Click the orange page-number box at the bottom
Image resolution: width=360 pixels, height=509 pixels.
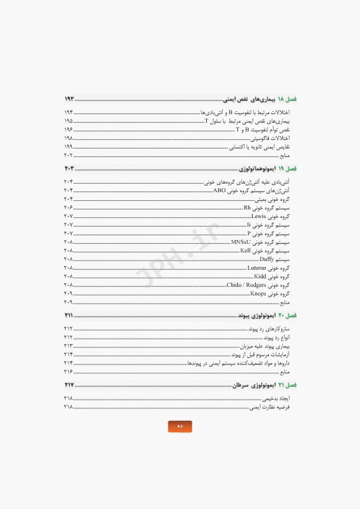[x=180, y=426]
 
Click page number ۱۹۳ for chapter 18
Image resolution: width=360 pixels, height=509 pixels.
[x=69, y=98]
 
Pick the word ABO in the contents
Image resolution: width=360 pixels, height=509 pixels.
[x=219, y=190]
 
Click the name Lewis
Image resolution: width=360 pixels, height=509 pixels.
[x=259, y=216]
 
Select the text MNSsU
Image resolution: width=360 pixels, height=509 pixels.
[x=241, y=242]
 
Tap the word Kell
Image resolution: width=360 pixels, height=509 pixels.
[x=245, y=251]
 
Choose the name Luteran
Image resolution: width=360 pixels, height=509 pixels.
[x=257, y=268]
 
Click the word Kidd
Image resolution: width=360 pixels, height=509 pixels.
[x=260, y=276]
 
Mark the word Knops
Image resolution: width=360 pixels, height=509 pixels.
[x=258, y=294]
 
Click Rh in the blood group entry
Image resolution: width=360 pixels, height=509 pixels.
[x=247, y=207]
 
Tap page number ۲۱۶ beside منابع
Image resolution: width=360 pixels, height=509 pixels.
[x=68, y=371]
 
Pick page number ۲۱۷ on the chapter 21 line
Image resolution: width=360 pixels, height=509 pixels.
[x=69, y=385]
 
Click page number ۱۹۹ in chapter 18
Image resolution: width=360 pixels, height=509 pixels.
[x=68, y=146]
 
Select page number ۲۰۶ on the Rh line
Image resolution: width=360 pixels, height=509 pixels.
[x=68, y=207]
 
